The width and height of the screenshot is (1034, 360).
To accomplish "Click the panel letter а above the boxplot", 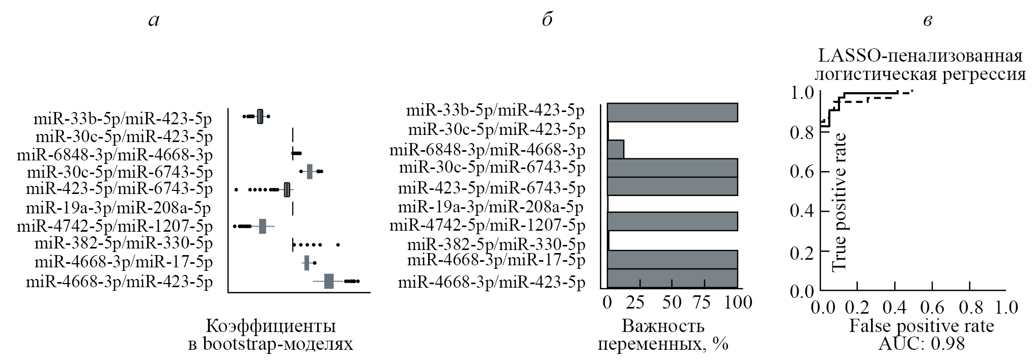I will pyautogui.click(x=153, y=21).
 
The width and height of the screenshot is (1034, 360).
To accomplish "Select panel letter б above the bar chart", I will pyautogui.click(x=547, y=20).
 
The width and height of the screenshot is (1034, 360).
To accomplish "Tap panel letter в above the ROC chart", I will pyautogui.click(x=928, y=21).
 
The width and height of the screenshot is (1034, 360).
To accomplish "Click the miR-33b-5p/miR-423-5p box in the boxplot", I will pyautogui.click(x=260, y=117).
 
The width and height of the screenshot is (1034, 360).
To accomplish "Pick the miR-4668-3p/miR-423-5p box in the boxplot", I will pyautogui.click(x=329, y=281).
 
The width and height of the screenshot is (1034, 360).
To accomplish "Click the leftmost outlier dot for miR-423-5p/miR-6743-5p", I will pyautogui.click(x=236, y=190).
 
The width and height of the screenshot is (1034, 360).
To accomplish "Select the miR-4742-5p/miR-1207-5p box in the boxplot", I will pyautogui.click(x=263, y=226).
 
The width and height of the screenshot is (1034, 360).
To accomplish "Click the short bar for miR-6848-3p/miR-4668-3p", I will pyautogui.click(x=616, y=149).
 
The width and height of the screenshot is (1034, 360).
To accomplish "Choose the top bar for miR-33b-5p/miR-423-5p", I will pyautogui.click(x=672, y=113).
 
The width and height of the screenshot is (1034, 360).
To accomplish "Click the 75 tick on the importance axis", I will pyautogui.click(x=703, y=302).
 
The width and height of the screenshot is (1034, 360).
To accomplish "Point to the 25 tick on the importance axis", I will pyautogui.click(x=634, y=302).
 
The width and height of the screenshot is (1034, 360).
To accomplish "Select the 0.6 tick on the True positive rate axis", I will pyautogui.click(x=802, y=171).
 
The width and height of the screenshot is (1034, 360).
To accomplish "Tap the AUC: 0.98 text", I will pyautogui.click(x=921, y=344).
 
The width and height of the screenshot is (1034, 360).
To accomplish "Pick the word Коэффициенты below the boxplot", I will pyautogui.click(x=270, y=326).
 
